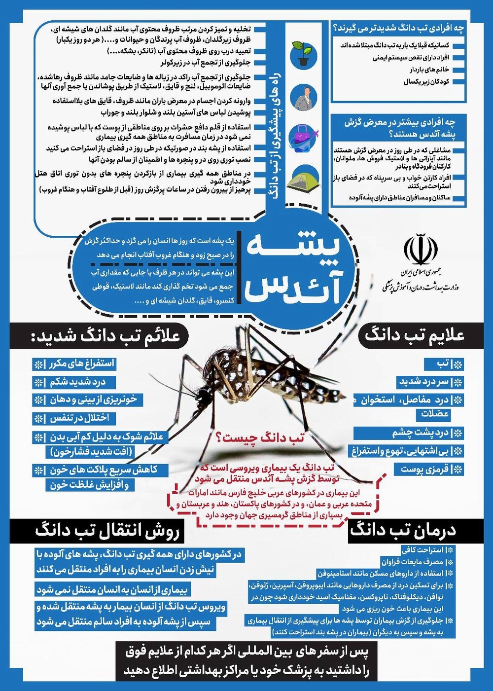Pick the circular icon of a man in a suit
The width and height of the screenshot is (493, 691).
(303, 97)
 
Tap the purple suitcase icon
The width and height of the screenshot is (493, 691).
(303, 137)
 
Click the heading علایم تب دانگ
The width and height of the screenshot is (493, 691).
(414, 335)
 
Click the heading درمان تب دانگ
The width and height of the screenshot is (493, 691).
(403, 531)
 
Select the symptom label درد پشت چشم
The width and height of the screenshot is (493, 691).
(421, 433)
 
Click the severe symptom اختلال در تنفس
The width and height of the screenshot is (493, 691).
(79, 418)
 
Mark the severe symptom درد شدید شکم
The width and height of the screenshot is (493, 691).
(77, 382)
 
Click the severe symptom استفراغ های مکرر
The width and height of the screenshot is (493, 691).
(81, 364)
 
